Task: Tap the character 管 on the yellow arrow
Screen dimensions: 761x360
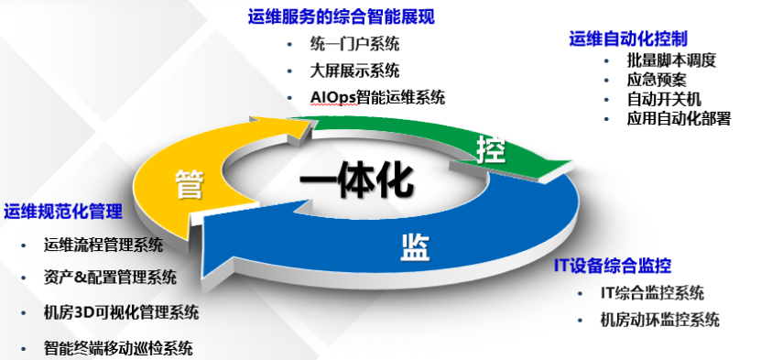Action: point(190,183)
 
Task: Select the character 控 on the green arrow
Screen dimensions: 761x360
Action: point(491,149)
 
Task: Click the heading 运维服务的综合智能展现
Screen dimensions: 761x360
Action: point(342,17)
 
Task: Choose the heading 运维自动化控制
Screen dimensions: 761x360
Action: point(628,38)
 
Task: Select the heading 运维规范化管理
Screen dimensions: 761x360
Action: point(63,212)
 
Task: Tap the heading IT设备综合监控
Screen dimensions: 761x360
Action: point(613,266)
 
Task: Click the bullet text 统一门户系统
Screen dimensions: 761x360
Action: point(354,45)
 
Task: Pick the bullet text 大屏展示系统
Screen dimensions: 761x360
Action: point(354,71)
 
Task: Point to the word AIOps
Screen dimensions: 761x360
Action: point(332,97)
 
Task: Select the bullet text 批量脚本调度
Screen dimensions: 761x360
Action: point(671,60)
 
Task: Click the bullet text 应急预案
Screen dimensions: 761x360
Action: point(657,80)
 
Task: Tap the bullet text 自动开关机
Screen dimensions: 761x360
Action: point(664,99)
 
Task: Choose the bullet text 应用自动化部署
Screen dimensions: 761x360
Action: point(679,118)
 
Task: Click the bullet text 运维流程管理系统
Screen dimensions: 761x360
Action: point(103,245)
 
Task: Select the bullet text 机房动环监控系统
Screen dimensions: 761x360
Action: point(659,321)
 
